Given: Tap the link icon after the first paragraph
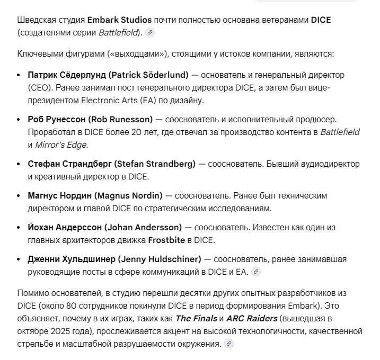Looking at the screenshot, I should pyautogui.click(x=150, y=33).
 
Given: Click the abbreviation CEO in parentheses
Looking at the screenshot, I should pyautogui.click(x=40, y=88).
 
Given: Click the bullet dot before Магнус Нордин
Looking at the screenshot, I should pyautogui.click(x=20, y=196).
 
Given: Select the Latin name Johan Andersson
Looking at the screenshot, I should pyautogui.click(x=143, y=227).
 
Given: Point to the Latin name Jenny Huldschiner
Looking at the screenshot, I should pyautogui.click(x=160, y=259).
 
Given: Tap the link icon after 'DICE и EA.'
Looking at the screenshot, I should pyautogui.click(x=256, y=272).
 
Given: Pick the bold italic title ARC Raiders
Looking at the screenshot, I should pyautogui.click(x=252, y=318).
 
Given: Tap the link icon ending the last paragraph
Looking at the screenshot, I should pyautogui.click(x=228, y=344).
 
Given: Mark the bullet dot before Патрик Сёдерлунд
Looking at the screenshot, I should pyautogui.click(x=20, y=75).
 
